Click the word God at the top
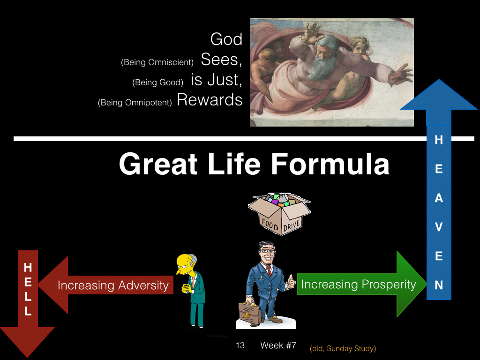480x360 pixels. click(x=226, y=39)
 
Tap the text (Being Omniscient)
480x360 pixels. click(x=157, y=62)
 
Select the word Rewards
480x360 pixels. click(x=210, y=100)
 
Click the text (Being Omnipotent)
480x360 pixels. click(x=135, y=103)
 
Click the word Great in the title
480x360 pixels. click(x=158, y=164)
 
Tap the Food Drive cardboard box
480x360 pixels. click(x=279, y=214)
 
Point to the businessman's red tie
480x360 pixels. click(x=269, y=270)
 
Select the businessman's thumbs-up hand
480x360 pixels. click(x=290, y=282)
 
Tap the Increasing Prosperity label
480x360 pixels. click(x=359, y=285)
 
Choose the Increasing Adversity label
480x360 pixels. click(x=113, y=285)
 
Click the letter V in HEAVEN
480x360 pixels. click(x=439, y=227)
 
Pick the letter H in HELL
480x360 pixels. click(x=28, y=268)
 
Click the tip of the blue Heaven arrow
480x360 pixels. click(x=439, y=79)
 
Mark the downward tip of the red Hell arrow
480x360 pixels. click(x=27, y=357)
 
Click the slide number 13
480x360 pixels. click(x=240, y=345)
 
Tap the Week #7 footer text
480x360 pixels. click(x=278, y=345)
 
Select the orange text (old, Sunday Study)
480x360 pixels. click(x=343, y=349)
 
